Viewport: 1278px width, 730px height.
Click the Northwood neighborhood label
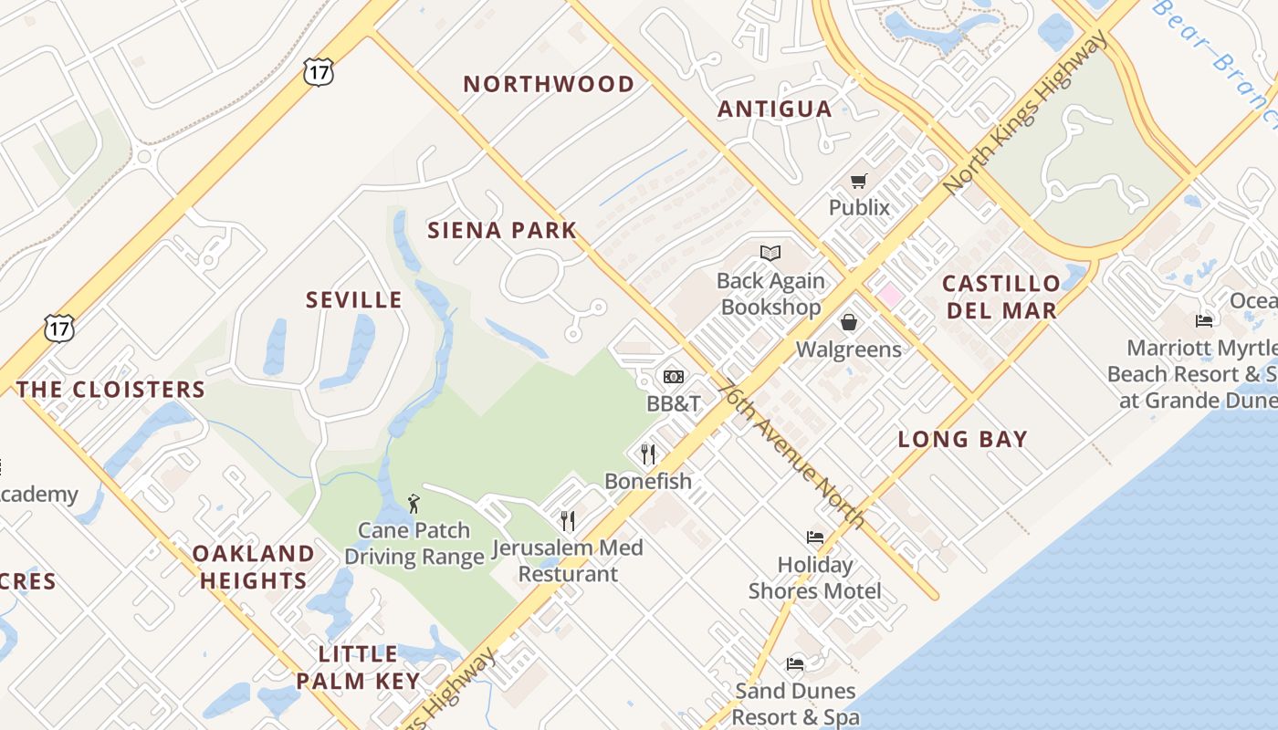click(x=549, y=85)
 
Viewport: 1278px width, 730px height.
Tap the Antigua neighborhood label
click(x=774, y=109)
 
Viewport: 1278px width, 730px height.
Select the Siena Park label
click(x=502, y=230)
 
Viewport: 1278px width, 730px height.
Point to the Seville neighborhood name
click(x=353, y=300)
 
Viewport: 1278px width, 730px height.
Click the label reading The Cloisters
click(x=110, y=390)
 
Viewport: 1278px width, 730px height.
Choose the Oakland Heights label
click(x=253, y=567)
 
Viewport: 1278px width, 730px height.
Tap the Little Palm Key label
click(x=357, y=667)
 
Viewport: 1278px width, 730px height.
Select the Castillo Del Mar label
click(x=1001, y=297)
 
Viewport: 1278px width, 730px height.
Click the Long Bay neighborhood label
click(x=962, y=439)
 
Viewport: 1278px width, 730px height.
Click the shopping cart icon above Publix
click(x=858, y=182)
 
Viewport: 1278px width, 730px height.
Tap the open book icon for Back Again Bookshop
click(x=770, y=253)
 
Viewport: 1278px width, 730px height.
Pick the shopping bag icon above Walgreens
click(x=849, y=322)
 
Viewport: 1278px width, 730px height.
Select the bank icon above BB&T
click(x=673, y=376)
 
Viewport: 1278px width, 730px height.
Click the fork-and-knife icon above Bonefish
click(x=648, y=454)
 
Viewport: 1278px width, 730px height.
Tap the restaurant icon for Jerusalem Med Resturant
click(x=568, y=520)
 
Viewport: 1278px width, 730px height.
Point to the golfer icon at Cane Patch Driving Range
click(x=414, y=503)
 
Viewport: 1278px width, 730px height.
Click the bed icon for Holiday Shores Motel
click(x=815, y=537)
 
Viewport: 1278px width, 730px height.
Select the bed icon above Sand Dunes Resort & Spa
click(x=795, y=663)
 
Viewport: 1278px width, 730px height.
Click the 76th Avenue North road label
click(x=791, y=454)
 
